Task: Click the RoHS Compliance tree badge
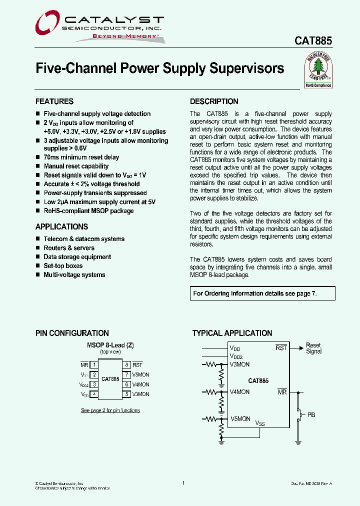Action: [318, 71]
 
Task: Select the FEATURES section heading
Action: [54, 101]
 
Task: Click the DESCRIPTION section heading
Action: [214, 101]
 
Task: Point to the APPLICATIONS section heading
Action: [61, 226]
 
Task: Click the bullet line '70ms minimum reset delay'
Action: [81, 157]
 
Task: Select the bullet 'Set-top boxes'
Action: [63, 266]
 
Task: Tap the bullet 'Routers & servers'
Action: [69, 248]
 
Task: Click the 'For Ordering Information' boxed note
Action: [255, 293]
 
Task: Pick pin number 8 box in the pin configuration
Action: [127, 365]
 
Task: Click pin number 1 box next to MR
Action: [93, 365]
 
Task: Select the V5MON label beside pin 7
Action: [140, 374]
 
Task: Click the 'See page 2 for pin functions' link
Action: [110, 410]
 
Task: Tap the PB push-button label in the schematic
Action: [311, 415]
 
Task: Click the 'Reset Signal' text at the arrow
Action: [313, 348]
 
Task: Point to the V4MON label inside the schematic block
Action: [239, 392]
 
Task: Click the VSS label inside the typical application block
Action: [260, 423]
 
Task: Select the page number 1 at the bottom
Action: [183, 483]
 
